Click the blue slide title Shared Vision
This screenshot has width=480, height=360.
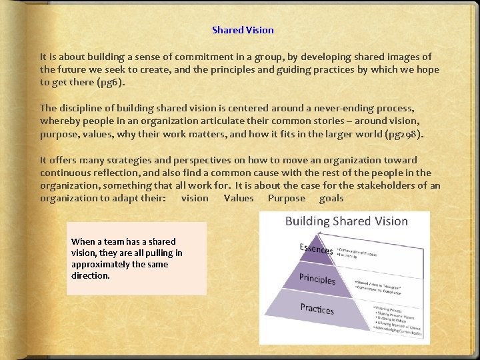click(x=243, y=30)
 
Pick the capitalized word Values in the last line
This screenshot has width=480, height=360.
click(x=239, y=198)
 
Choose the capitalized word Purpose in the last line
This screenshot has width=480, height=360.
click(x=286, y=198)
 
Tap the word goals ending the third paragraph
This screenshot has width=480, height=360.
click(x=331, y=198)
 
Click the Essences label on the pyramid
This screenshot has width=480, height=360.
click(x=316, y=249)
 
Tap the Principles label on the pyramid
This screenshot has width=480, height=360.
click(x=317, y=278)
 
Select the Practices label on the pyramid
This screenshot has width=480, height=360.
click(x=317, y=308)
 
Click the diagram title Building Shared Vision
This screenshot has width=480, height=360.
click(x=346, y=221)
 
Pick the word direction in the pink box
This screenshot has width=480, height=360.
click(x=90, y=275)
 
